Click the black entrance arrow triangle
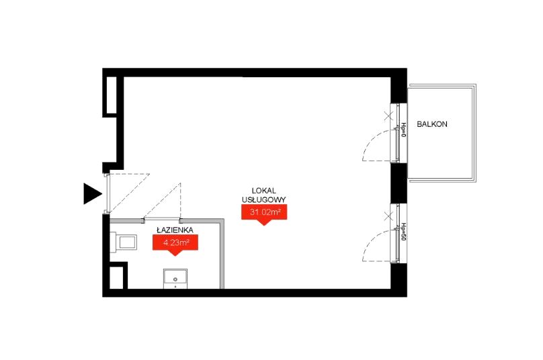point(91,193)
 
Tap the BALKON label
point(432,124)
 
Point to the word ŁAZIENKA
point(175,230)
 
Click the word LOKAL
point(264,190)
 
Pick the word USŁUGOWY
point(264,199)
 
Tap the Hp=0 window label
point(403,130)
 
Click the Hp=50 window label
point(403,232)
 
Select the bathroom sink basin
point(175,278)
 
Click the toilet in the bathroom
point(123,242)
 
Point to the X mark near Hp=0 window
point(388,116)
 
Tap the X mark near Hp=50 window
point(388,217)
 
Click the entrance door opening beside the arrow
point(108,193)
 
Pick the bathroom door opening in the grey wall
point(162,220)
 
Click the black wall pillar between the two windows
point(399,183)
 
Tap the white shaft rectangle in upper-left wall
point(112,95)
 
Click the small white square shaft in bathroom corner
point(116,277)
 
